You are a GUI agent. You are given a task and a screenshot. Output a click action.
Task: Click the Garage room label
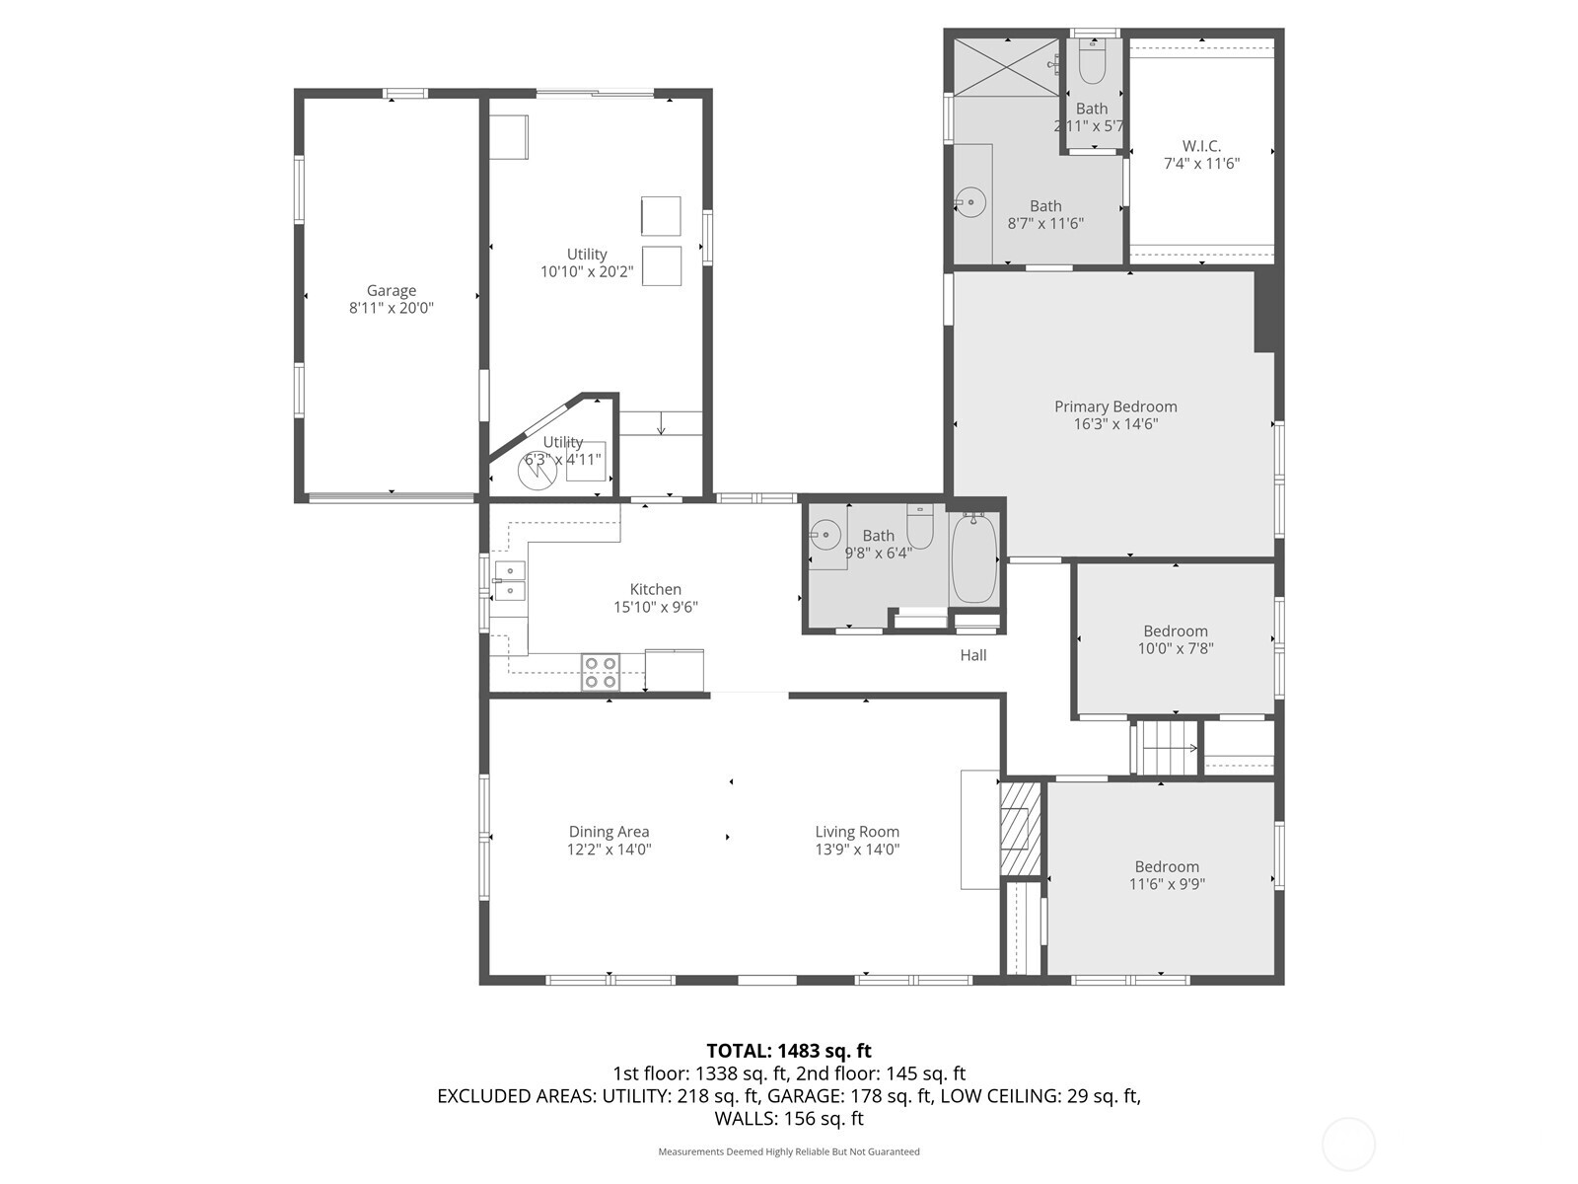392,290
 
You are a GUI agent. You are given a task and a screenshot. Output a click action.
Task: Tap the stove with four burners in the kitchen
601,672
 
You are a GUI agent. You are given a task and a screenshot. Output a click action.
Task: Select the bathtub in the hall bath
974,557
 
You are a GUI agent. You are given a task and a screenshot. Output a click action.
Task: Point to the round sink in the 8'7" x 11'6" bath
971,202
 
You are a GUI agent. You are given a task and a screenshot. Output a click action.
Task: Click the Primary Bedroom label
1115,407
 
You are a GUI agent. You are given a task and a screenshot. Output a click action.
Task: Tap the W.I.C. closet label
1201,146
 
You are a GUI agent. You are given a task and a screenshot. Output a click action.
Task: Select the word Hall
973,655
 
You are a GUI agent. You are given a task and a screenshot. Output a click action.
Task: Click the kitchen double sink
510,581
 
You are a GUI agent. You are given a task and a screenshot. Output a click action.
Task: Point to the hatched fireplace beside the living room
1021,828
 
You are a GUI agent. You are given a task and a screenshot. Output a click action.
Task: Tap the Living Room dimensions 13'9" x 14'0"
857,849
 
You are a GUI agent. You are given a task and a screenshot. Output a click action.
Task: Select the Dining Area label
609,832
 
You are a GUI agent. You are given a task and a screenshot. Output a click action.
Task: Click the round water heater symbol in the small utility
538,471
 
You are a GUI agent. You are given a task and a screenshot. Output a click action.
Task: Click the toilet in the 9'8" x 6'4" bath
919,527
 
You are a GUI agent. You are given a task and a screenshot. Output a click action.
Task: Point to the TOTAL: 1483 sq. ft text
789,1051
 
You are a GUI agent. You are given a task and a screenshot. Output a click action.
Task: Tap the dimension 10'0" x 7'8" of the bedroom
1176,648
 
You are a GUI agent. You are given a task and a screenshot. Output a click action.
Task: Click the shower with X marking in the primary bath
1008,66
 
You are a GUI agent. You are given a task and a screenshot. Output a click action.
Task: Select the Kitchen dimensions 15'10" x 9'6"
656,607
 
